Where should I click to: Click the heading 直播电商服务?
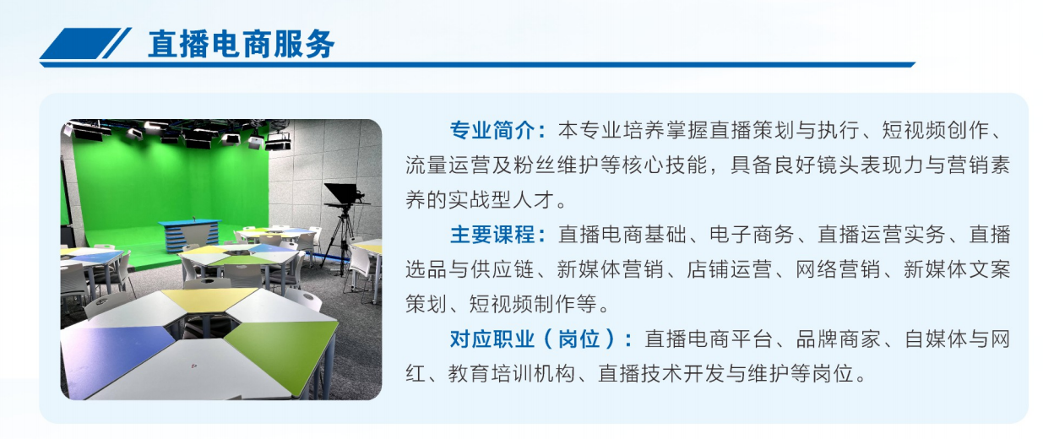[241, 44]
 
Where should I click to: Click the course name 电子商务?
[750, 235]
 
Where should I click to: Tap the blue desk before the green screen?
[190, 232]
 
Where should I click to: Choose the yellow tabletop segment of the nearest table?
[209, 297]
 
